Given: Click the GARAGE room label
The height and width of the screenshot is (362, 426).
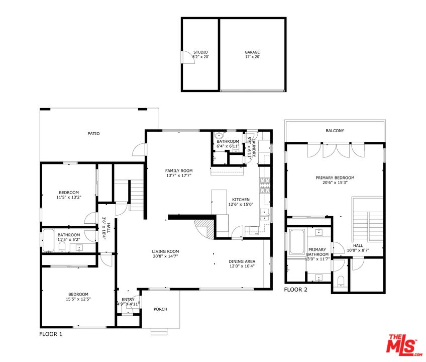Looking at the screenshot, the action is point(252,52).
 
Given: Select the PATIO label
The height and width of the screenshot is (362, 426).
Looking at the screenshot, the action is point(93,134).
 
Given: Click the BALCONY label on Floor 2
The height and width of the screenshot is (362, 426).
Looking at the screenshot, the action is point(335,131).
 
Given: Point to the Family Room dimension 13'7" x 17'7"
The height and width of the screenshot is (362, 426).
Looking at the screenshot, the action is point(179,175).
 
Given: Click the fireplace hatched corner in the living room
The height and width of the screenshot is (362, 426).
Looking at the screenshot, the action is point(205,229).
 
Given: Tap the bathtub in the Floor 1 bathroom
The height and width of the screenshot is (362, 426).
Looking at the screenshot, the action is point(49,240).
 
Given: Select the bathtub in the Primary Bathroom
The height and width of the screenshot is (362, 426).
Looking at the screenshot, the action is point(297,242).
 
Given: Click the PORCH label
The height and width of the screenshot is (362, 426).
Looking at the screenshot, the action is point(160,309).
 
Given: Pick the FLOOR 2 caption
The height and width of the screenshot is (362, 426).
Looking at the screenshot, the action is point(295,290).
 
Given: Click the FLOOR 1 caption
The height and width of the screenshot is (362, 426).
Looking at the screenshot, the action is point(51,334).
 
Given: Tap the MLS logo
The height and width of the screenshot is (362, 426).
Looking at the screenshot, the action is point(404,345).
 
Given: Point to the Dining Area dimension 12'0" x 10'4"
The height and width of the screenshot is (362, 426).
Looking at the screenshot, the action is point(242,266).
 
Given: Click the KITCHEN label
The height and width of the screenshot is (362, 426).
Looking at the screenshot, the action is point(241,200).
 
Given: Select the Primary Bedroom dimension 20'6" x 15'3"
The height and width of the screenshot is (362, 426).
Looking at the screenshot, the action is point(335,183).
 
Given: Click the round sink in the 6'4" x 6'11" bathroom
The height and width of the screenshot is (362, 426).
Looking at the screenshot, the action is point(219,135).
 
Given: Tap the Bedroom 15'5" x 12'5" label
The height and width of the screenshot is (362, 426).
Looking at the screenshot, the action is point(78,297).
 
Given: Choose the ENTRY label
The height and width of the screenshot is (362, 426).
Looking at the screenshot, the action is point(128,300).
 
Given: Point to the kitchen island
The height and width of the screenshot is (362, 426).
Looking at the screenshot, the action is point(219,202).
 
